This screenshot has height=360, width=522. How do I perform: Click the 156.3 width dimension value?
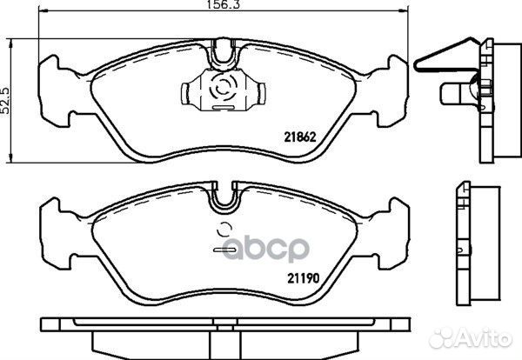click(224, 4)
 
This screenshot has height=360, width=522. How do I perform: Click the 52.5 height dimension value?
click(6, 101)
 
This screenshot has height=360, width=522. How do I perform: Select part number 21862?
click(299, 137)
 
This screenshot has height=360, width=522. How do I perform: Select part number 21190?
click(304, 278)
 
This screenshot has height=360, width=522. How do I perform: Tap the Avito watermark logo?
click(470, 338)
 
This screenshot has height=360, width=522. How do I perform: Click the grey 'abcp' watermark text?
click(265, 249)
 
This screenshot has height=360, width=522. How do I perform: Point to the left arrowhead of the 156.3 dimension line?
click(43, 11)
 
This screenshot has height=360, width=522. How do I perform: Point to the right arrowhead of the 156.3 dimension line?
click(404, 11)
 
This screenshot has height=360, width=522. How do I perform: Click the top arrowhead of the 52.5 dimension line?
click(11, 43)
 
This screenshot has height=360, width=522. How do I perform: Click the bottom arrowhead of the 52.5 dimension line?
click(11, 158)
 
